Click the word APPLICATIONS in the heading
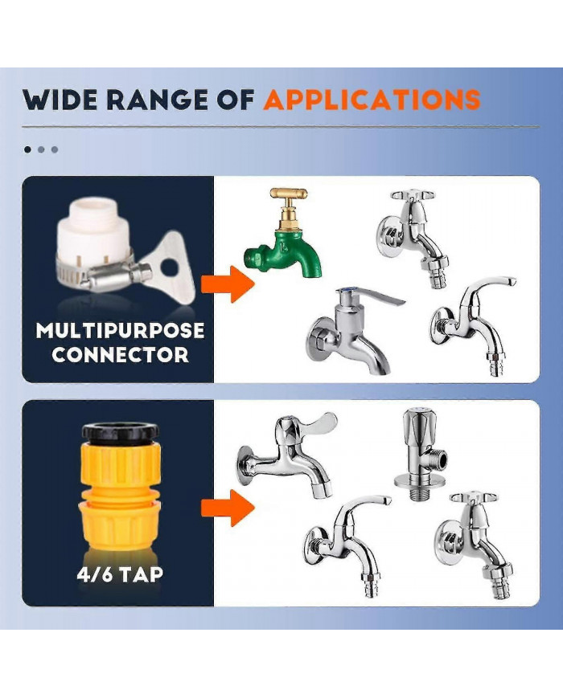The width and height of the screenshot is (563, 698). coord(372,100)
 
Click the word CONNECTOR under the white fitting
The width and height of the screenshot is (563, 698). coord(120,354)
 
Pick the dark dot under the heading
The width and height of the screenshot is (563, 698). coord(28,149)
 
